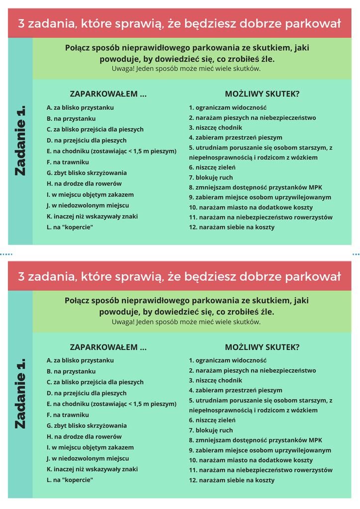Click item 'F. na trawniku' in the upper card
(68, 162)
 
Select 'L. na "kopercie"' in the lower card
(70, 480)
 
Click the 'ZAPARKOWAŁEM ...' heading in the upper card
(108, 94)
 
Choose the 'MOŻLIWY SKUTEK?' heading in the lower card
(262, 347)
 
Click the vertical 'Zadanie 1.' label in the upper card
(20, 140)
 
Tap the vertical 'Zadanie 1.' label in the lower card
(20, 393)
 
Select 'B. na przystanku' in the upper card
(71, 119)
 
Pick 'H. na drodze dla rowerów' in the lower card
(84, 436)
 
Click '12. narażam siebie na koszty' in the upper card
(232, 227)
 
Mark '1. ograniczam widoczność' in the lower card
(228, 360)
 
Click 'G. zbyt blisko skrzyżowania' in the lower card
(87, 425)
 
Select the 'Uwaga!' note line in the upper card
(186, 69)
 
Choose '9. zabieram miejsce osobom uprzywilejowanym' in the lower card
(260, 450)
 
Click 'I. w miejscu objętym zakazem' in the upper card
(90, 194)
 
